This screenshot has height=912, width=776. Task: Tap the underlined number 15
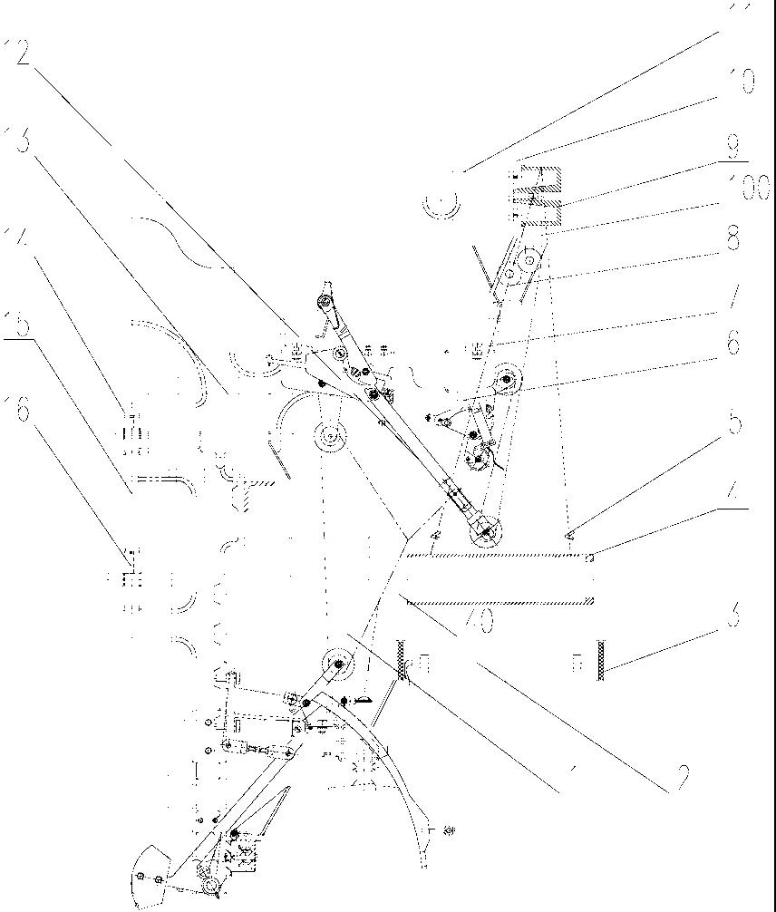pos(20,324)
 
